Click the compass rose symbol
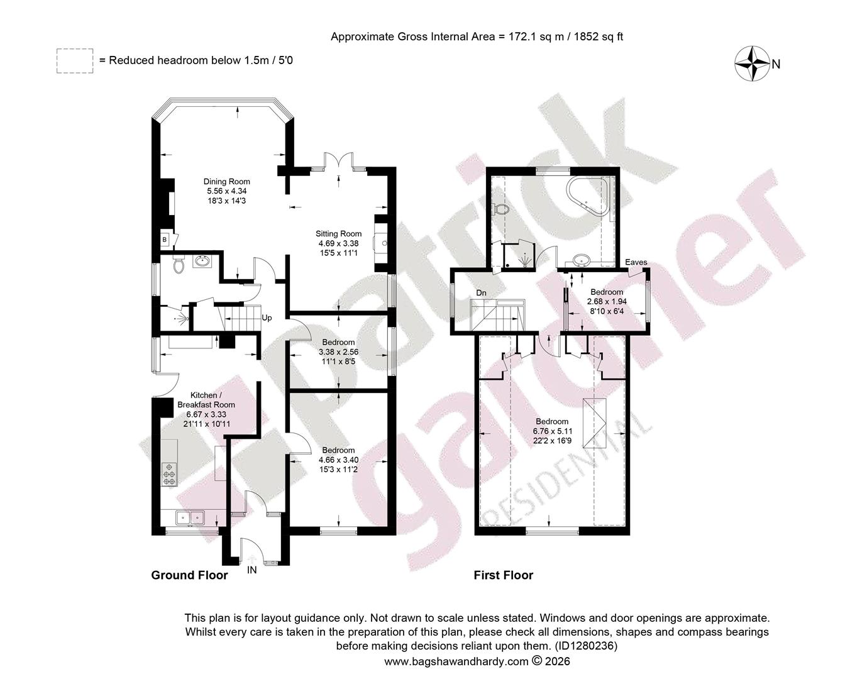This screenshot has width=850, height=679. coord(753,63)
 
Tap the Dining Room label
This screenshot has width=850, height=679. coord(227,182)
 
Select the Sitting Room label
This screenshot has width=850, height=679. coord(338,234)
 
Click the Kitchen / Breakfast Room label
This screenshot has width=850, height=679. coord(206,400)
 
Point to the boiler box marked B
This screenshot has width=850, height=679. coord(165,240)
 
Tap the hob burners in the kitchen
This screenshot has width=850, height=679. coord(169,473)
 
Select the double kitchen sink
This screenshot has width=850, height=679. coord(190,517)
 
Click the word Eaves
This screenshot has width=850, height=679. coord(636,262)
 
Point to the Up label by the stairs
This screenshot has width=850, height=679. coord(267,318)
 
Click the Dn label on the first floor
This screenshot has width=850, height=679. coord(481,293)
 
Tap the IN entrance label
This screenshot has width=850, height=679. coord(251,570)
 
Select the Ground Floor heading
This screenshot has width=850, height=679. coord(189,575)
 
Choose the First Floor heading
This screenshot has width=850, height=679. coord(503,575)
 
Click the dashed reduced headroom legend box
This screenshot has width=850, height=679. coord(75,61)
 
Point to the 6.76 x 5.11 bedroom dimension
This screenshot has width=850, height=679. coord(552,431)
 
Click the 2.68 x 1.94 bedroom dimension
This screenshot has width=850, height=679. coord(607,301)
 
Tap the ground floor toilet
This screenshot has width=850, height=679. coord(179,264)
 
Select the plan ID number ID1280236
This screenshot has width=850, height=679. coord(585,646)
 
